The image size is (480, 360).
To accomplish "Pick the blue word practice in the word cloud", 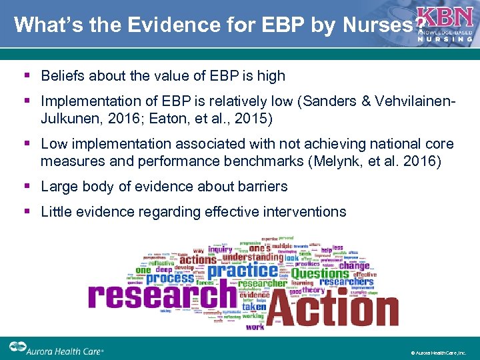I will (243, 271).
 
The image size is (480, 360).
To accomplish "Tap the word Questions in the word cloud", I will (319, 273).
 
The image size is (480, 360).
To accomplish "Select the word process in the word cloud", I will (170, 277).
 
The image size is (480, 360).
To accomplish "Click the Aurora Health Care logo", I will (57, 349).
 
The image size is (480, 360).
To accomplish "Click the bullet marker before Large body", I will (27, 187).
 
